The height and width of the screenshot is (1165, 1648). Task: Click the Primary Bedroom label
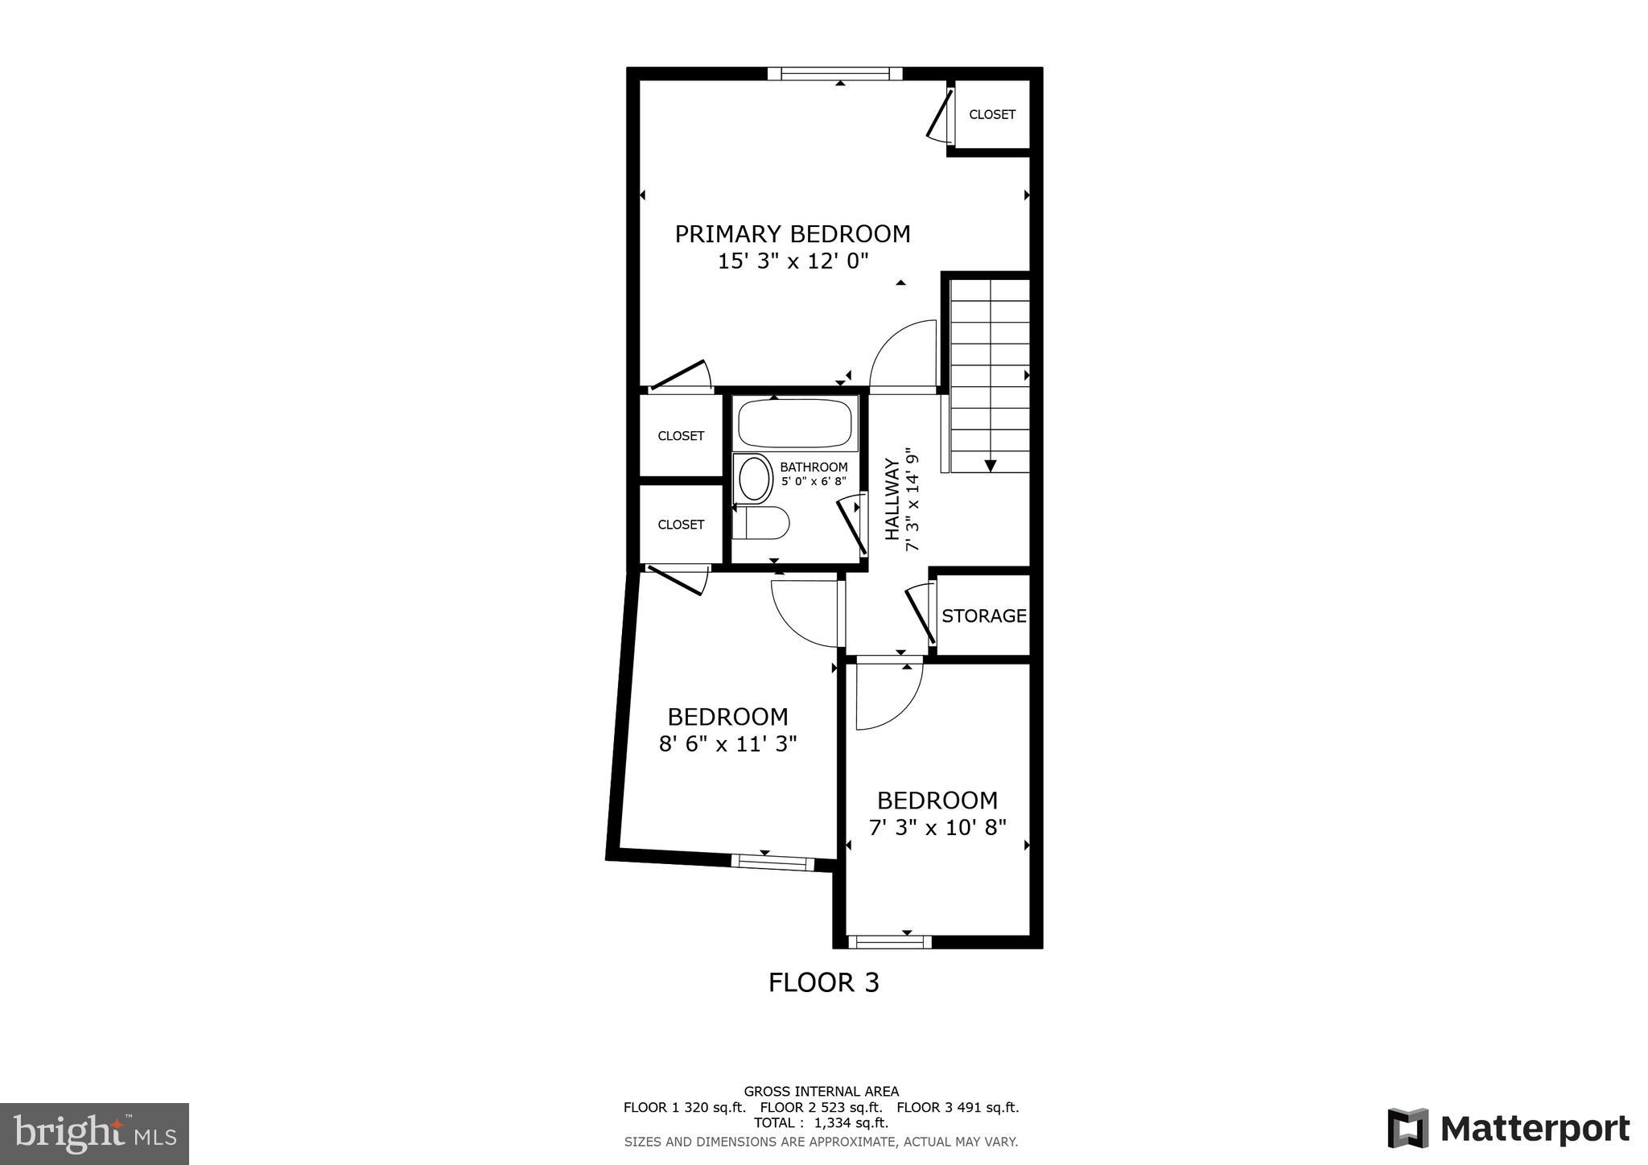[x=792, y=234]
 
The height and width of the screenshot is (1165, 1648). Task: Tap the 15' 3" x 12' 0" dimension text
[x=793, y=261]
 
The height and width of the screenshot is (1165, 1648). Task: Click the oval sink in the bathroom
[x=754, y=479]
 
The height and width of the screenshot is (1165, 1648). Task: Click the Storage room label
[x=983, y=615]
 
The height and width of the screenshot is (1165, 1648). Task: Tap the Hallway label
[x=892, y=499]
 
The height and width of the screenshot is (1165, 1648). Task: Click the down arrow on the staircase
[x=991, y=465]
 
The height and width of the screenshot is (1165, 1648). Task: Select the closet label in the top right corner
[x=991, y=114]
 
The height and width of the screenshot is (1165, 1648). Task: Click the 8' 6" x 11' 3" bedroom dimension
[x=727, y=743]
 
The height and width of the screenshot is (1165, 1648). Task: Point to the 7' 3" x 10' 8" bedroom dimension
[x=937, y=827]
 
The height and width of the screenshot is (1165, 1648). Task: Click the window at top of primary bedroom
[x=834, y=74]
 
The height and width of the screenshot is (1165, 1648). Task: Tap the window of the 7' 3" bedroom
[x=889, y=941]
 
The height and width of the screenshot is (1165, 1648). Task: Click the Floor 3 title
[x=823, y=982]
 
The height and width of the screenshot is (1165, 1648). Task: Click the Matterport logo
[x=1508, y=1128]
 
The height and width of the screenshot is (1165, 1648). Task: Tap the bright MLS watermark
[x=95, y=1134]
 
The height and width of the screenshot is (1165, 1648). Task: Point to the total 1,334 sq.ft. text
[x=821, y=1122]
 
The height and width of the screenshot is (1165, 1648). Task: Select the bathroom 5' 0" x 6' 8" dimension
[x=814, y=481]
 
